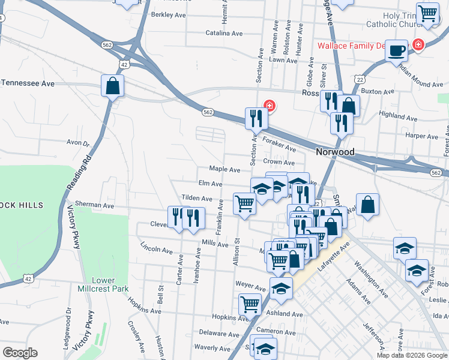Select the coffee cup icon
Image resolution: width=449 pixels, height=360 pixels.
pos(396,50)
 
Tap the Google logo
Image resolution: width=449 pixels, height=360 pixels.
pos(20,353)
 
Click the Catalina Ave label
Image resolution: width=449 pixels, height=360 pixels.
pos(224,33)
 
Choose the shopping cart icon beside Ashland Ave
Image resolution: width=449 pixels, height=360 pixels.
pos(250,304)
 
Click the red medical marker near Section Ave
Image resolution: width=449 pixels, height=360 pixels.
pos(270,106)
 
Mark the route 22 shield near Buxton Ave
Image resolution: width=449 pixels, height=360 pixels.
pos(360,79)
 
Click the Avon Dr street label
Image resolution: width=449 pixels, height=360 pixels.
pos(77,143)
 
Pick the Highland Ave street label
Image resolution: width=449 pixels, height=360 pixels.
pos(398,113)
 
